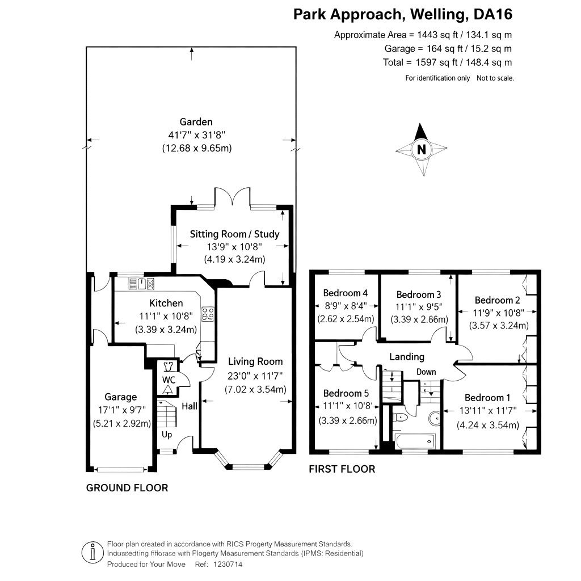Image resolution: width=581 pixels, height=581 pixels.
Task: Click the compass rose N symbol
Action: [421, 150]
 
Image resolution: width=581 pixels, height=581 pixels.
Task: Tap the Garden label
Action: [196, 121]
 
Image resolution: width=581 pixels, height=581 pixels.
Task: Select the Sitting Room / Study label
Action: [234, 234]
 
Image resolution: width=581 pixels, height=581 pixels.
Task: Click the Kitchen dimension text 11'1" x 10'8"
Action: [166, 317]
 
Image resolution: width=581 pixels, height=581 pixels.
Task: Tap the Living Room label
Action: [255, 361]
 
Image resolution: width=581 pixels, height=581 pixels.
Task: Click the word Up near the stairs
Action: [167, 435]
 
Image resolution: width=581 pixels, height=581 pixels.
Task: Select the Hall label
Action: [190, 406]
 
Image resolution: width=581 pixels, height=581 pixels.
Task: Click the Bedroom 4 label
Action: [346, 293]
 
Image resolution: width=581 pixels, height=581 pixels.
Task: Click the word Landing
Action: [406, 357]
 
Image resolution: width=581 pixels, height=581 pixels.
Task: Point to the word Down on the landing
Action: [426, 372]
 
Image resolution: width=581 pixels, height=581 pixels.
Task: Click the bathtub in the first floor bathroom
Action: [412, 440]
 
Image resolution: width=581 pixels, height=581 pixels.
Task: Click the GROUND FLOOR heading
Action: [127, 487]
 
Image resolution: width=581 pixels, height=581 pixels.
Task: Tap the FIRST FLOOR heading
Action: [342, 469]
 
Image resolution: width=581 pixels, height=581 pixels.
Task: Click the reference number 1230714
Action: [229, 565]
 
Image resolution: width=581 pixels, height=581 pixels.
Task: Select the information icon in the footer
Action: [92, 552]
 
